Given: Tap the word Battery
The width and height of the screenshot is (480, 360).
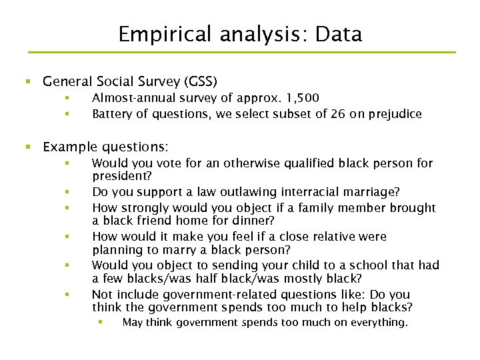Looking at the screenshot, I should (x=111, y=114).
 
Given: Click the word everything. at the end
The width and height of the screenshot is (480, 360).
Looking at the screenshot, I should (x=379, y=323).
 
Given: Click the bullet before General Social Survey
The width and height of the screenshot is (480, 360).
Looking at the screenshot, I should (x=27, y=82).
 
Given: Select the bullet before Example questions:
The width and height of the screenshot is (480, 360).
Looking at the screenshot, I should (x=27, y=147).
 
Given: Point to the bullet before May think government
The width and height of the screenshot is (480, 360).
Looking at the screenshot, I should (x=99, y=323).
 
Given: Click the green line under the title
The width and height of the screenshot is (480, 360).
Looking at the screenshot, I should (x=240, y=52).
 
